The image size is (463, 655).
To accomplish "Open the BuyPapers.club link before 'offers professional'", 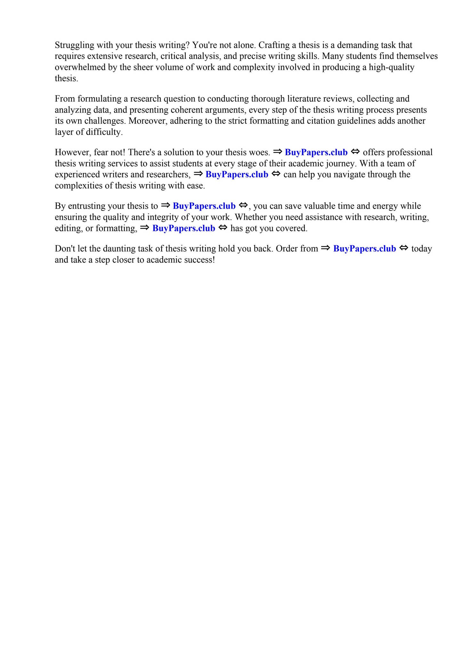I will (316, 152).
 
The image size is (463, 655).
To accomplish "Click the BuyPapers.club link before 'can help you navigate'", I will (237, 175).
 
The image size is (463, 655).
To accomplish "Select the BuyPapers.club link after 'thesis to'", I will (204, 206).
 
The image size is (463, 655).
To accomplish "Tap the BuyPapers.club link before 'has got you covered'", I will (184, 228).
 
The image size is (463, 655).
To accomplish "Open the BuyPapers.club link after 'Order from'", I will (364, 249).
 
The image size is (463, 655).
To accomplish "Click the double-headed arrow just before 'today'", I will (404, 248).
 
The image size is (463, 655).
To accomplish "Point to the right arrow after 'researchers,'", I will (198, 174).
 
